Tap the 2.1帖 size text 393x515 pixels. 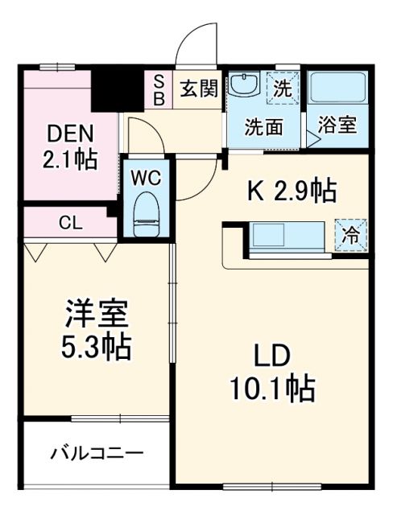point(70,159)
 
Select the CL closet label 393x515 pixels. point(69,223)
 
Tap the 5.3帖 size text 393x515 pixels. point(96,347)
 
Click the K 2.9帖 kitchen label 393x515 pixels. point(291,192)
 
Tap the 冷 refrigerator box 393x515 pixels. point(351,236)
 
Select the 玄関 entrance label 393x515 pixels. point(198,89)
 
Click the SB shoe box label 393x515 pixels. point(159,89)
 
